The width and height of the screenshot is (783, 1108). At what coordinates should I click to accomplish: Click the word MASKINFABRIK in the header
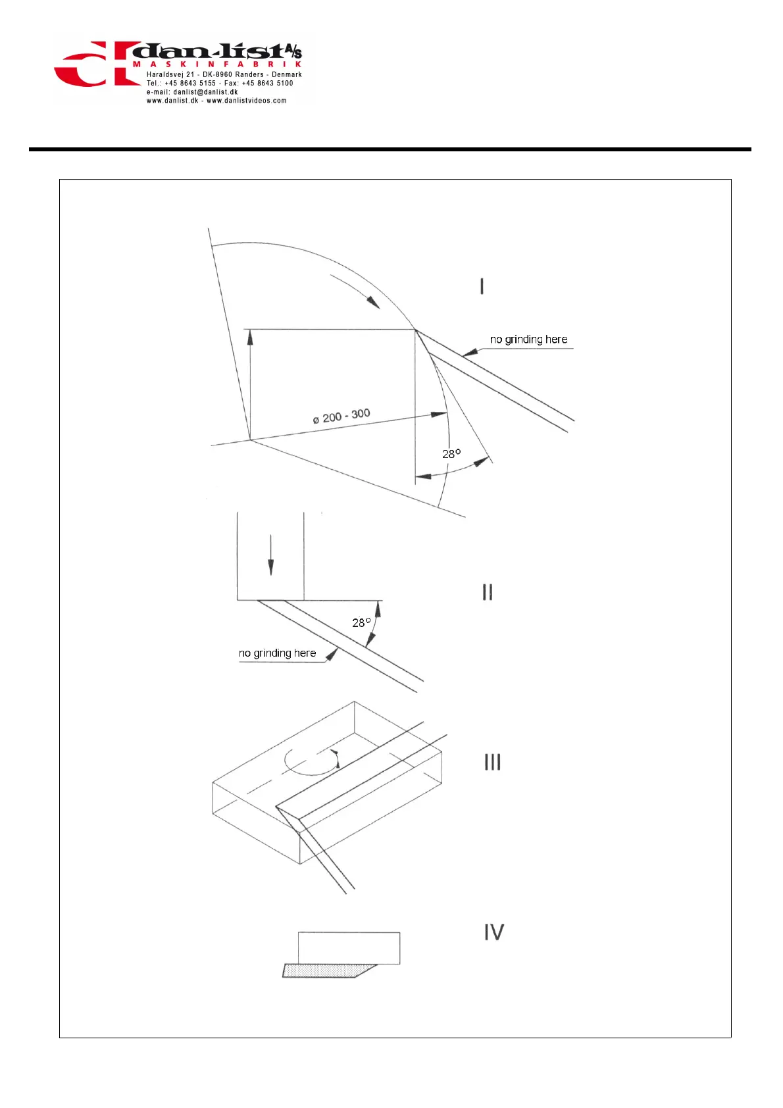point(217,64)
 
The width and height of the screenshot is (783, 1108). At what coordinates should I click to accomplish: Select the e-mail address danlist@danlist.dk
point(205,92)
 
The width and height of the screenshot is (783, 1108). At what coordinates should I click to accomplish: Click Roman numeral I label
point(482,286)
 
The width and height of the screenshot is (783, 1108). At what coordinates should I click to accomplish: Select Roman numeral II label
point(487,592)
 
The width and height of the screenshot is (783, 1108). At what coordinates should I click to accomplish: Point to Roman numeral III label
point(492,762)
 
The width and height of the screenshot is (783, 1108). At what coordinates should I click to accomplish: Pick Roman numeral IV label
point(494,932)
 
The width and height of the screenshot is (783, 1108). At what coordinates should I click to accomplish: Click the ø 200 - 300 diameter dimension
point(341,416)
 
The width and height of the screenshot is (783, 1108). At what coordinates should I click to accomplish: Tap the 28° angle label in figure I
point(451,454)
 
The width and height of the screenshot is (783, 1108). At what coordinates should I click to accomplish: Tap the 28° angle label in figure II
point(361,622)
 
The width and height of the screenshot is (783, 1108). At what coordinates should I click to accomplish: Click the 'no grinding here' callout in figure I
point(528,340)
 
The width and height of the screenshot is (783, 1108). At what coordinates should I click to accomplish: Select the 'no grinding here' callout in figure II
point(277,653)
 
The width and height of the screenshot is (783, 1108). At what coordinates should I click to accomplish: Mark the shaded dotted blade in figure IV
point(326,970)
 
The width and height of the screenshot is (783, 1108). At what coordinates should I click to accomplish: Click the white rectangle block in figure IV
point(349,947)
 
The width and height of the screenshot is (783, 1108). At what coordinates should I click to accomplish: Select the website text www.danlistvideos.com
point(247,101)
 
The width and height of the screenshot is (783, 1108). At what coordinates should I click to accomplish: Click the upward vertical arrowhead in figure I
point(250,337)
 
